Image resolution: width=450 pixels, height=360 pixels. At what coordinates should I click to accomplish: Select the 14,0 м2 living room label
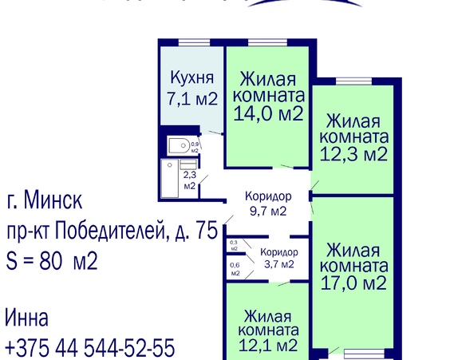point(267,97)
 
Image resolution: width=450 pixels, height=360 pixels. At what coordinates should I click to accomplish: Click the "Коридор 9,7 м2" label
point(267,204)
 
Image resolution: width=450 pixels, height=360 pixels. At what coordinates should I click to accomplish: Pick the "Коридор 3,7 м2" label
point(277,259)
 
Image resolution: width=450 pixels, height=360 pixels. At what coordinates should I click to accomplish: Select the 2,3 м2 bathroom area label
point(190,180)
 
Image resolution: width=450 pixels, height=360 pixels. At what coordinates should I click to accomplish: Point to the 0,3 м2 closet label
point(234,245)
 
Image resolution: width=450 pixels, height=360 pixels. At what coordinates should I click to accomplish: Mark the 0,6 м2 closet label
point(235,270)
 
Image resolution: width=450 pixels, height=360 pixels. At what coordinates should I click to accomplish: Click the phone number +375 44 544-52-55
point(89,348)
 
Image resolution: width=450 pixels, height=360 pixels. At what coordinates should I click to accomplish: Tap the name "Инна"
point(26,318)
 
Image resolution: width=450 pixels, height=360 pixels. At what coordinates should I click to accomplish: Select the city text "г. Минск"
point(44,198)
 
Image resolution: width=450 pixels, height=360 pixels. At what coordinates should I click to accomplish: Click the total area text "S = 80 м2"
point(52,260)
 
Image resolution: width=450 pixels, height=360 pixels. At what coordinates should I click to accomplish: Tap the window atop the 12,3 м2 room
point(352,80)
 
